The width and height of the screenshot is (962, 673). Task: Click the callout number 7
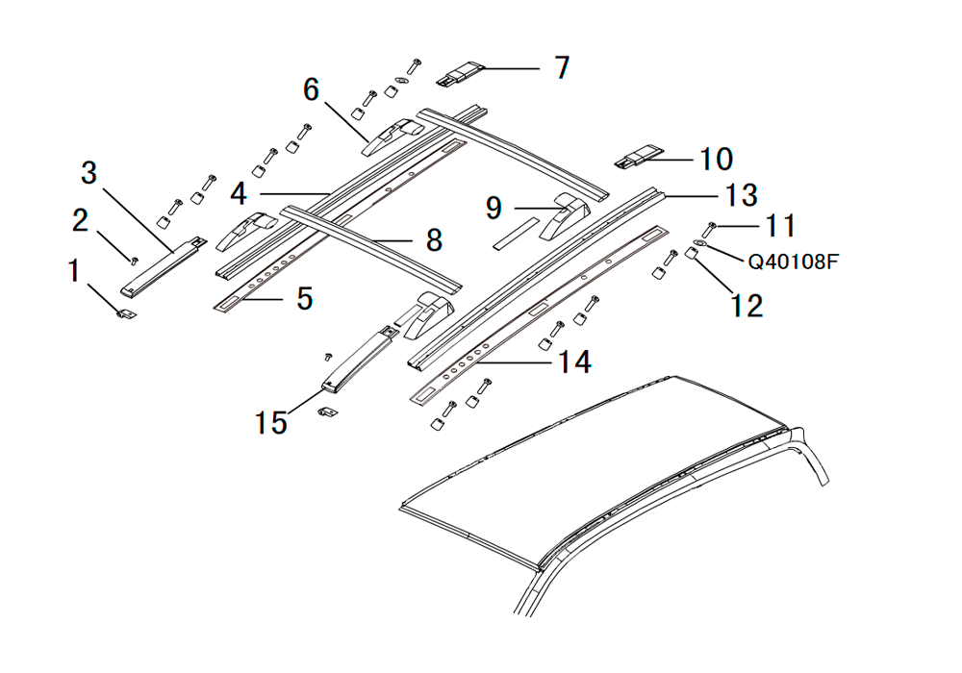(x=562, y=67)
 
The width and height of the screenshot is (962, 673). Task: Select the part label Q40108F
(x=793, y=262)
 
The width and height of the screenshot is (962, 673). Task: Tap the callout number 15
(x=270, y=422)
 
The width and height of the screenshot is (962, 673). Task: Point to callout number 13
(x=742, y=195)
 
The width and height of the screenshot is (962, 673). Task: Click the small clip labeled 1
(x=127, y=313)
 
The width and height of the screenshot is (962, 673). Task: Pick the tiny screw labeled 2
(x=133, y=261)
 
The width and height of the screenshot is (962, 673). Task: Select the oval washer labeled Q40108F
(x=697, y=244)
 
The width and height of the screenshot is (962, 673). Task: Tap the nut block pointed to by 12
(x=692, y=253)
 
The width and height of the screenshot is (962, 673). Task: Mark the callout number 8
(x=434, y=239)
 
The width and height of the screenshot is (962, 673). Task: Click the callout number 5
(x=305, y=298)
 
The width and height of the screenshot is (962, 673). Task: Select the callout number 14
(x=574, y=361)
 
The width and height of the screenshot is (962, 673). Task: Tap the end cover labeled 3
(x=163, y=266)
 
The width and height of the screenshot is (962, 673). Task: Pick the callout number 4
(x=239, y=193)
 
